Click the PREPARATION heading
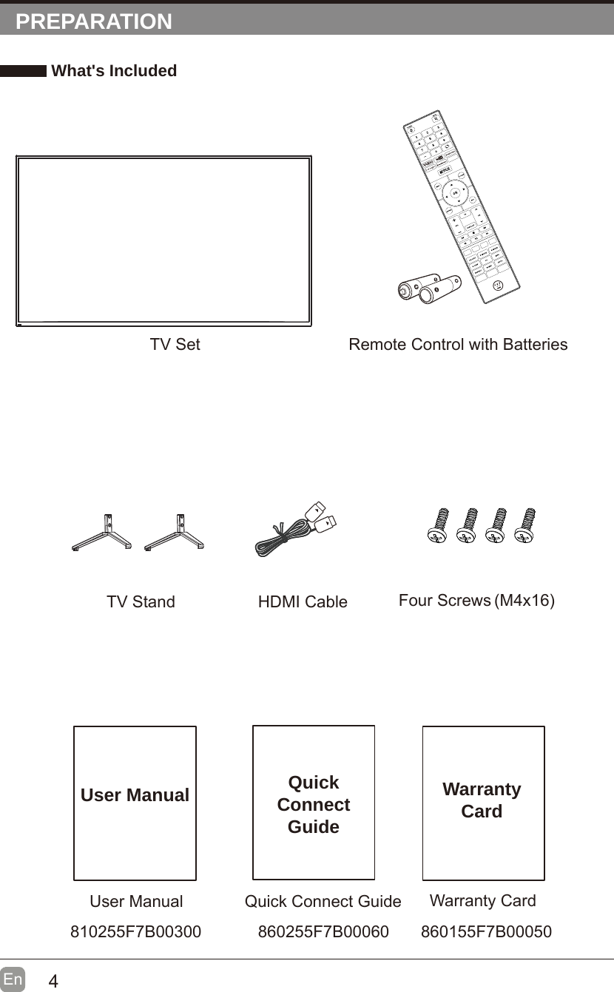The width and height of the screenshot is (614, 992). click(x=94, y=21)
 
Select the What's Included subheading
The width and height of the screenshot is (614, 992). click(x=114, y=71)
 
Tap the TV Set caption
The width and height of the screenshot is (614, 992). click(x=175, y=345)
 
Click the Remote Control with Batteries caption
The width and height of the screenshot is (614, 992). click(x=458, y=345)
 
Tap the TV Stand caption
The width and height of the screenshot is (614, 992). click(x=141, y=602)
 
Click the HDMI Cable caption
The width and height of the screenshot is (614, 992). click(x=303, y=602)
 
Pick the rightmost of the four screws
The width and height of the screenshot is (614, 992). click(x=527, y=526)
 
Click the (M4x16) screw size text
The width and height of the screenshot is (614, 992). click(x=524, y=600)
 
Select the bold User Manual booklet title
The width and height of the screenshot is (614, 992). click(x=135, y=795)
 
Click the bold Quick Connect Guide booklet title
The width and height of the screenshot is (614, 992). click(x=314, y=804)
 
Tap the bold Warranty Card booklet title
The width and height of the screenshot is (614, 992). click(x=482, y=800)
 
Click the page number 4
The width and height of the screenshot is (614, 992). click(x=53, y=982)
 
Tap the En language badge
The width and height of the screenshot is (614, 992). click(x=13, y=979)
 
